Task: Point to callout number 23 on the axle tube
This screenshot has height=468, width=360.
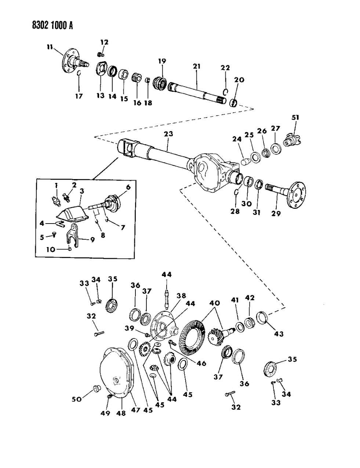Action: point(168,134)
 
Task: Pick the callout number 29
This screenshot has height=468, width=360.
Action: point(276,213)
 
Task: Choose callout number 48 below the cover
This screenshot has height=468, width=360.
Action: point(121,413)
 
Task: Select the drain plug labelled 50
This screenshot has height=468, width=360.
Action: point(96,388)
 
